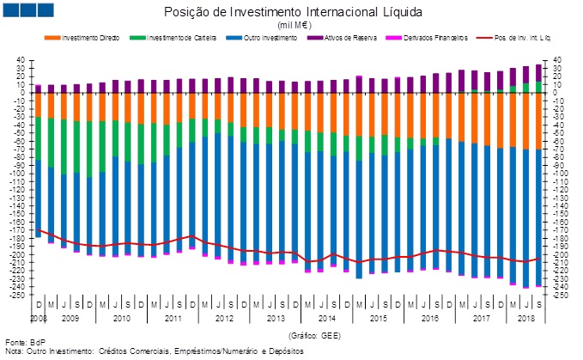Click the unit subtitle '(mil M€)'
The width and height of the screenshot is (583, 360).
click(292, 26)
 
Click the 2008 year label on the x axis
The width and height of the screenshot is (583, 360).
click(38, 318)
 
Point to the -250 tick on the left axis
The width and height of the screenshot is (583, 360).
click(16, 296)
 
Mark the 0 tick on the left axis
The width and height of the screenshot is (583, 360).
click(21, 93)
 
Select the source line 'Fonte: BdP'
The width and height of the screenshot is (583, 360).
click(25, 344)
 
